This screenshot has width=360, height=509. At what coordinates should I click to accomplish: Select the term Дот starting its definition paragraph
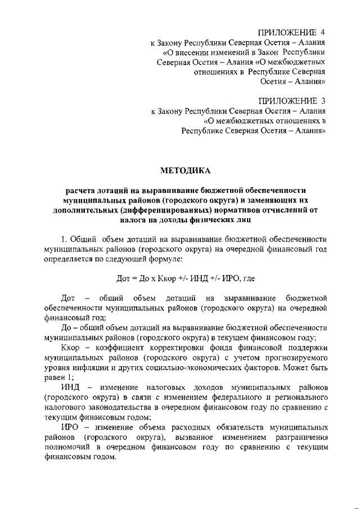tap(68, 298)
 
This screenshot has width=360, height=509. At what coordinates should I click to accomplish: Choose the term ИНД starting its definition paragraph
tap(69, 389)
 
